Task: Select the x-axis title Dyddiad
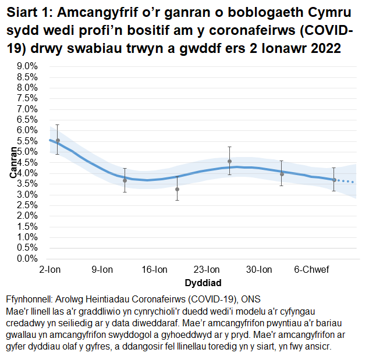coord(203,283)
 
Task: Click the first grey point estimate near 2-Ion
coord(57,140)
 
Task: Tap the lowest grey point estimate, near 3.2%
coord(177,189)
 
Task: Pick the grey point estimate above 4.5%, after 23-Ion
coord(230,161)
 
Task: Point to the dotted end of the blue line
coord(347,181)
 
